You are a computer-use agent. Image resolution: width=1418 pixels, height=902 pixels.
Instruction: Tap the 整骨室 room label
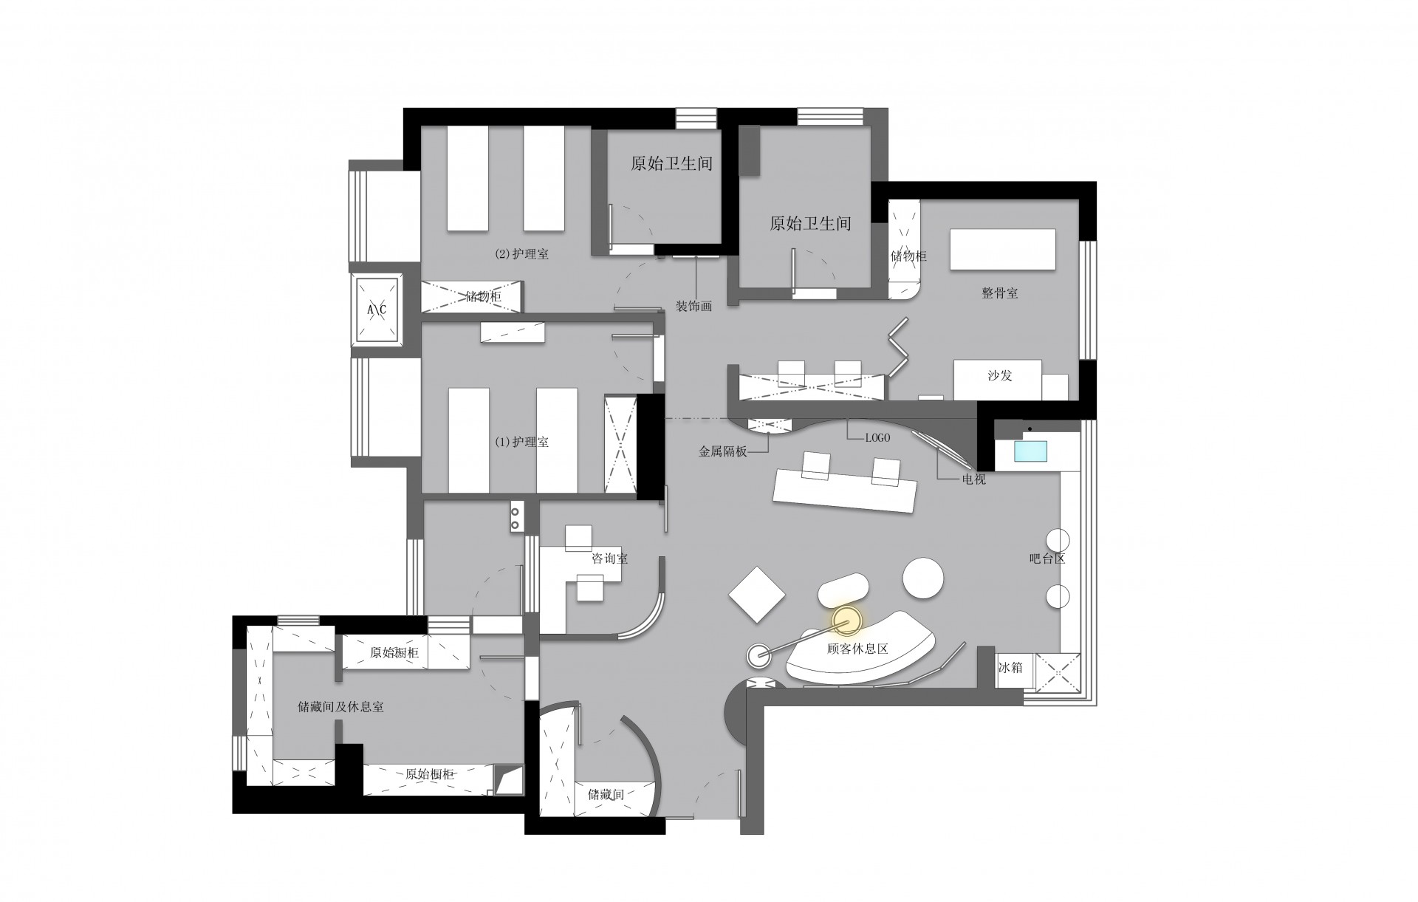[1000, 293]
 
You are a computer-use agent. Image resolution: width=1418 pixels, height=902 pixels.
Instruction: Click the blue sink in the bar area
[1031, 452]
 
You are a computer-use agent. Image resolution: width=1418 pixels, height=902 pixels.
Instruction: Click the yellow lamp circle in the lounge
[847, 621]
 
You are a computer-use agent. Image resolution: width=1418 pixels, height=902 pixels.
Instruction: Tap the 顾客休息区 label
[857, 649]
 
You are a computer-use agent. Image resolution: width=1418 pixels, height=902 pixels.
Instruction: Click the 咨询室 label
[610, 558]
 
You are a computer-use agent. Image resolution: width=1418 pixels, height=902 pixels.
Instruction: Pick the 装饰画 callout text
[694, 306]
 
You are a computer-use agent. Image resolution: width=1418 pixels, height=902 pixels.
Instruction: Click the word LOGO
[877, 438]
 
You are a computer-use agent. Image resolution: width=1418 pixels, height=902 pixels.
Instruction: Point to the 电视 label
[973, 479]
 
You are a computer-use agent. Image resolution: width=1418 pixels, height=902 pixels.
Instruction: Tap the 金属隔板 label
[723, 450]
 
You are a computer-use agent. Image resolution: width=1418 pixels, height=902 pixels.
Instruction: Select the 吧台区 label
[1047, 558]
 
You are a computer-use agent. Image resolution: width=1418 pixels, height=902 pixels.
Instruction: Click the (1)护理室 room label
[521, 443]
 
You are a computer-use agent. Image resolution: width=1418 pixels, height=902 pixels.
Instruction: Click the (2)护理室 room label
[521, 254]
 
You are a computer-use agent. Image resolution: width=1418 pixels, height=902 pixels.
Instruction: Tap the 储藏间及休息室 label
[340, 707]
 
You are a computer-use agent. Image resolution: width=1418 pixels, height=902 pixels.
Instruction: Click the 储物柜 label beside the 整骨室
[908, 256]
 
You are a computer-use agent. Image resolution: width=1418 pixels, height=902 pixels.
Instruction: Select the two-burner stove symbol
[516, 516]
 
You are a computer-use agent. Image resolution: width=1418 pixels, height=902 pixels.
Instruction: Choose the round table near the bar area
[923, 578]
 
